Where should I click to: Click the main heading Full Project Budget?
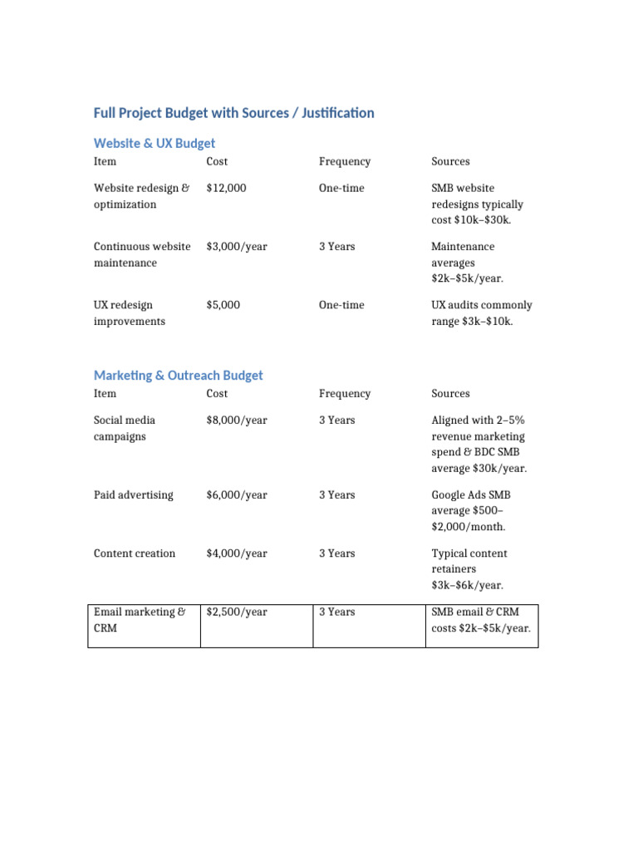(233, 113)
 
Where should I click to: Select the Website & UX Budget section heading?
(155, 143)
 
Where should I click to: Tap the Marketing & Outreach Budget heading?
(178, 376)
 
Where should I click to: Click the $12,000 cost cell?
(226, 188)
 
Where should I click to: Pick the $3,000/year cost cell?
(237, 247)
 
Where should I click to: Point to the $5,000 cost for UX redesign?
(223, 305)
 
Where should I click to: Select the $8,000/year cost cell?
(237, 421)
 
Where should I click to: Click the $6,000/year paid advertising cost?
(237, 495)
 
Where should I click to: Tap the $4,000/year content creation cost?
(237, 553)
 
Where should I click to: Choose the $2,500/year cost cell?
(237, 612)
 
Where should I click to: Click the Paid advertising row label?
(134, 495)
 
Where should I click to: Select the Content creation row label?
(135, 553)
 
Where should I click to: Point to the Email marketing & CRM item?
(140, 620)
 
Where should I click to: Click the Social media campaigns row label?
(125, 428)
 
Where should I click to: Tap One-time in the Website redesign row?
(341, 188)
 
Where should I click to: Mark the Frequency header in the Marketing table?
(345, 394)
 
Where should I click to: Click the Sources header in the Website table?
(450, 161)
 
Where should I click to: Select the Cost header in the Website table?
(217, 161)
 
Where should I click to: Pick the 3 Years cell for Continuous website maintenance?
(336, 247)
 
